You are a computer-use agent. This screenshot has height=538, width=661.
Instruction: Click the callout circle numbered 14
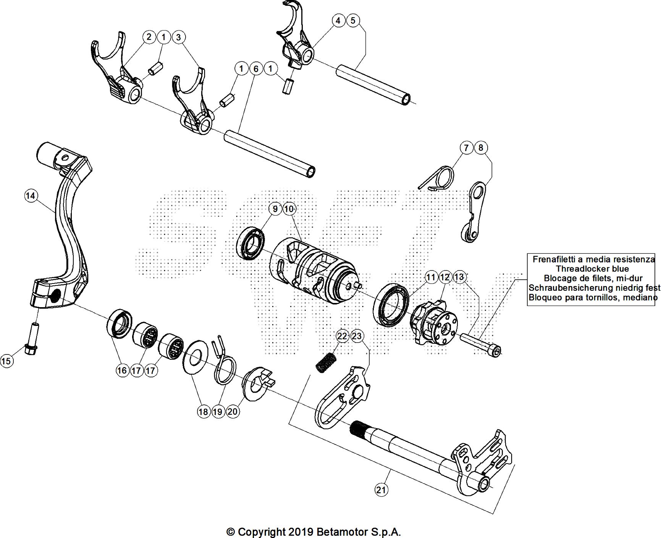click(31, 196)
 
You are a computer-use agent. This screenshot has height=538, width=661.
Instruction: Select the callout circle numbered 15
click(6, 361)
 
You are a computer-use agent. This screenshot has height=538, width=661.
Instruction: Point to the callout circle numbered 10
click(289, 209)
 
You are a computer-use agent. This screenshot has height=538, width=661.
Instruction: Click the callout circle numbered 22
click(342, 336)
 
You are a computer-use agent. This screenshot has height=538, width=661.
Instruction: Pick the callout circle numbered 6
click(256, 69)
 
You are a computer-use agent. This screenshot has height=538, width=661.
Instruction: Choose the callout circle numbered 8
click(481, 147)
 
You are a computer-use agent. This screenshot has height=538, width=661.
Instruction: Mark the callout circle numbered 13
click(459, 277)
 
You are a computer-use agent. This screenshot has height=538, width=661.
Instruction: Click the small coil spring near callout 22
click(325, 362)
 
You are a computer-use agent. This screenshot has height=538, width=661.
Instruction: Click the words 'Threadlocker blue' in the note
click(592, 269)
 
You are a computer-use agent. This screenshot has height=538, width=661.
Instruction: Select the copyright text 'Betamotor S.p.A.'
click(359, 532)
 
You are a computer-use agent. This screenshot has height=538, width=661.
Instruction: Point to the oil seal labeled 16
click(120, 322)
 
